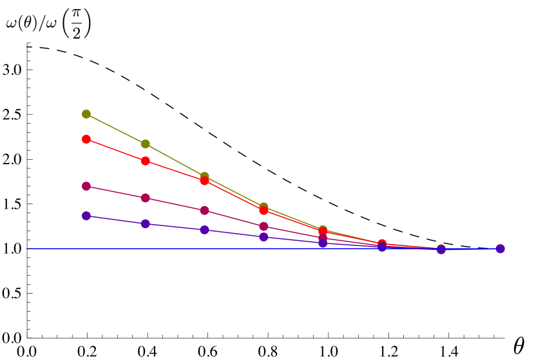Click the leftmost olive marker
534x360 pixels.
[x=86, y=114]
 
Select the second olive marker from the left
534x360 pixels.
[x=146, y=144]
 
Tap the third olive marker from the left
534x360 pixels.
[x=204, y=176]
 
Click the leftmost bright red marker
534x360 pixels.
[x=86, y=139]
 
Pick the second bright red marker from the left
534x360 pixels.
[x=146, y=161]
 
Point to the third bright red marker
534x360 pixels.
[x=204, y=181]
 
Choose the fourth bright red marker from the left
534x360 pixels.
[x=263, y=211]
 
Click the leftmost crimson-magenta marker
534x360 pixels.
[x=86, y=186]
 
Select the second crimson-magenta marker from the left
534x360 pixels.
[x=146, y=198]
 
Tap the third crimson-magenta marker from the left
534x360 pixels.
[x=204, y=211]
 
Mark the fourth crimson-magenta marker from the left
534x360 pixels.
[x=263, y=227]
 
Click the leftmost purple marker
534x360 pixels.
[x=86, y=216]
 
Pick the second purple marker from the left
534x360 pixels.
[x=146, y=224]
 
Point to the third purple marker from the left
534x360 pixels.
[x=204, y=230]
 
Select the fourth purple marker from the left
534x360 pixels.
[x=263, y=237]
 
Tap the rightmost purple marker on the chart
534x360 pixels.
[x=500, y=249]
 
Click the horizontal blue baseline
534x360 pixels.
[x=52, y=249]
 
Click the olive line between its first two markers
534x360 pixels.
[x=116, y=129]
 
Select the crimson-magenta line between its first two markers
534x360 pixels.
[x=116, y=192]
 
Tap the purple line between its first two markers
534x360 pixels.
[x=116, y=220]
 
